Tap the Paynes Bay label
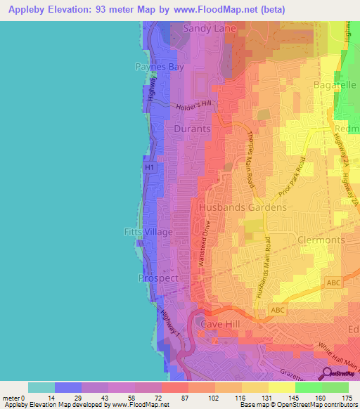point(157,67)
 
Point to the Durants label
point(192,129)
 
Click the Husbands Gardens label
point(243,208)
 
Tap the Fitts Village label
point(149,231)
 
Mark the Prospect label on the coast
point(158,278)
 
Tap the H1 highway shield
point(148,169)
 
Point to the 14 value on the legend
point(41,398)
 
